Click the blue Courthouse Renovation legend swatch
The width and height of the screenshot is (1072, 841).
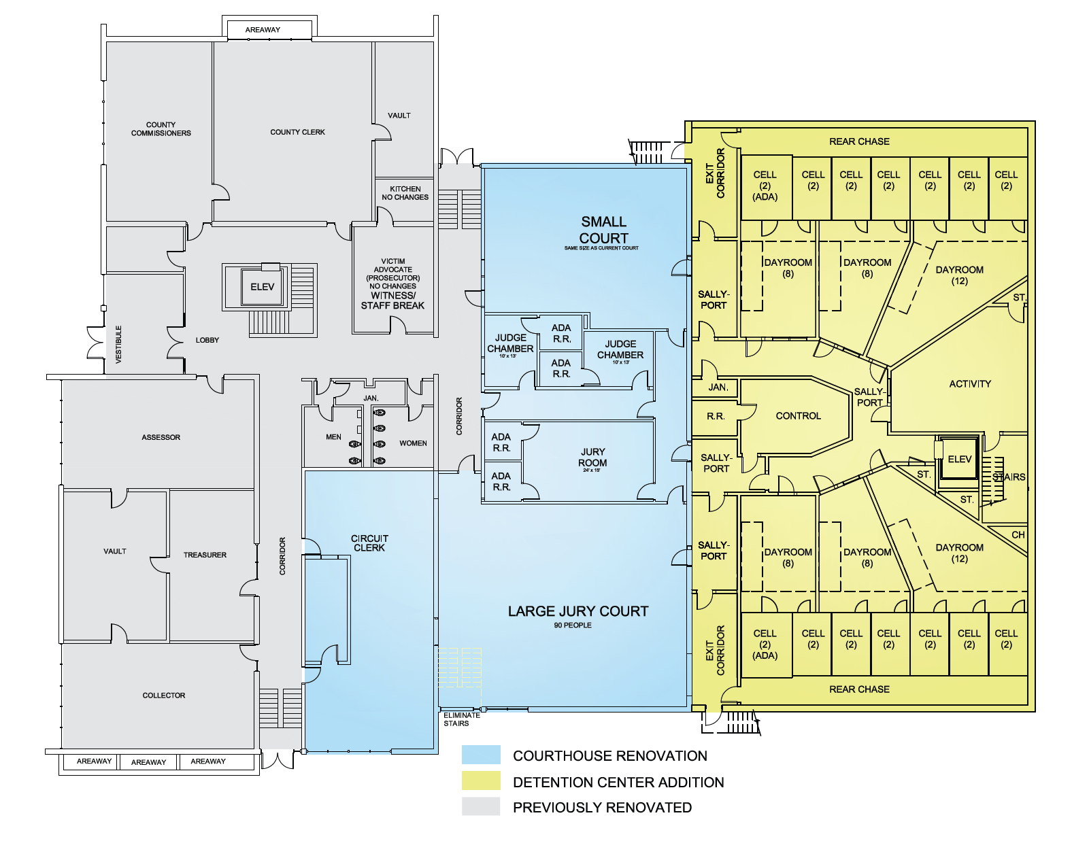[x=481, y=755]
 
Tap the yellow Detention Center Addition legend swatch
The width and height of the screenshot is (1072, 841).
[x=481, y=780]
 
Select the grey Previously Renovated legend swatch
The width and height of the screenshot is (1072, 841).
[x=481, y=806]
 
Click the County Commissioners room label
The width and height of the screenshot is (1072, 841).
[x=161, y=129]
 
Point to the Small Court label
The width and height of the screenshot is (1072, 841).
[x=603, y=230]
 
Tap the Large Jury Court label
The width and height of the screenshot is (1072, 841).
[x=578, y=611]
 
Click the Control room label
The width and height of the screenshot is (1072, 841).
[x=798, y=416]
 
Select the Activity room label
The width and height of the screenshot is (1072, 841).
[x=970, y=384]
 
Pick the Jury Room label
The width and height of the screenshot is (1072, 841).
[x=592, y=457]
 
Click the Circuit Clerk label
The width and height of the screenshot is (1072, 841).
[x=369, y=543]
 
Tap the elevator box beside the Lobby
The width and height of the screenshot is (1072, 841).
[x=263, y=287]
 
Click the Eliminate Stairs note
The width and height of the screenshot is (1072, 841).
[x=461, y=719]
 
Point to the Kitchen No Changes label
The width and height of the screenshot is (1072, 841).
[x=405, y=193]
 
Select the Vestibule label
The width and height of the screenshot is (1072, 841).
[x=119, y=344]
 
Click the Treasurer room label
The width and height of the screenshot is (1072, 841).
[x=205, y=555]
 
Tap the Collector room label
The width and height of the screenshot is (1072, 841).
[x=164, y=696]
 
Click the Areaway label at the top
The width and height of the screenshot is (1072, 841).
[x=263, y=30]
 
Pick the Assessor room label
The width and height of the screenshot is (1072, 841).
[x=161, y=437]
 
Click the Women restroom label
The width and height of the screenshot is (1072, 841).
[x=413, y=443]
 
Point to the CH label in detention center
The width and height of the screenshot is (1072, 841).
[x=1018, y=535]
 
